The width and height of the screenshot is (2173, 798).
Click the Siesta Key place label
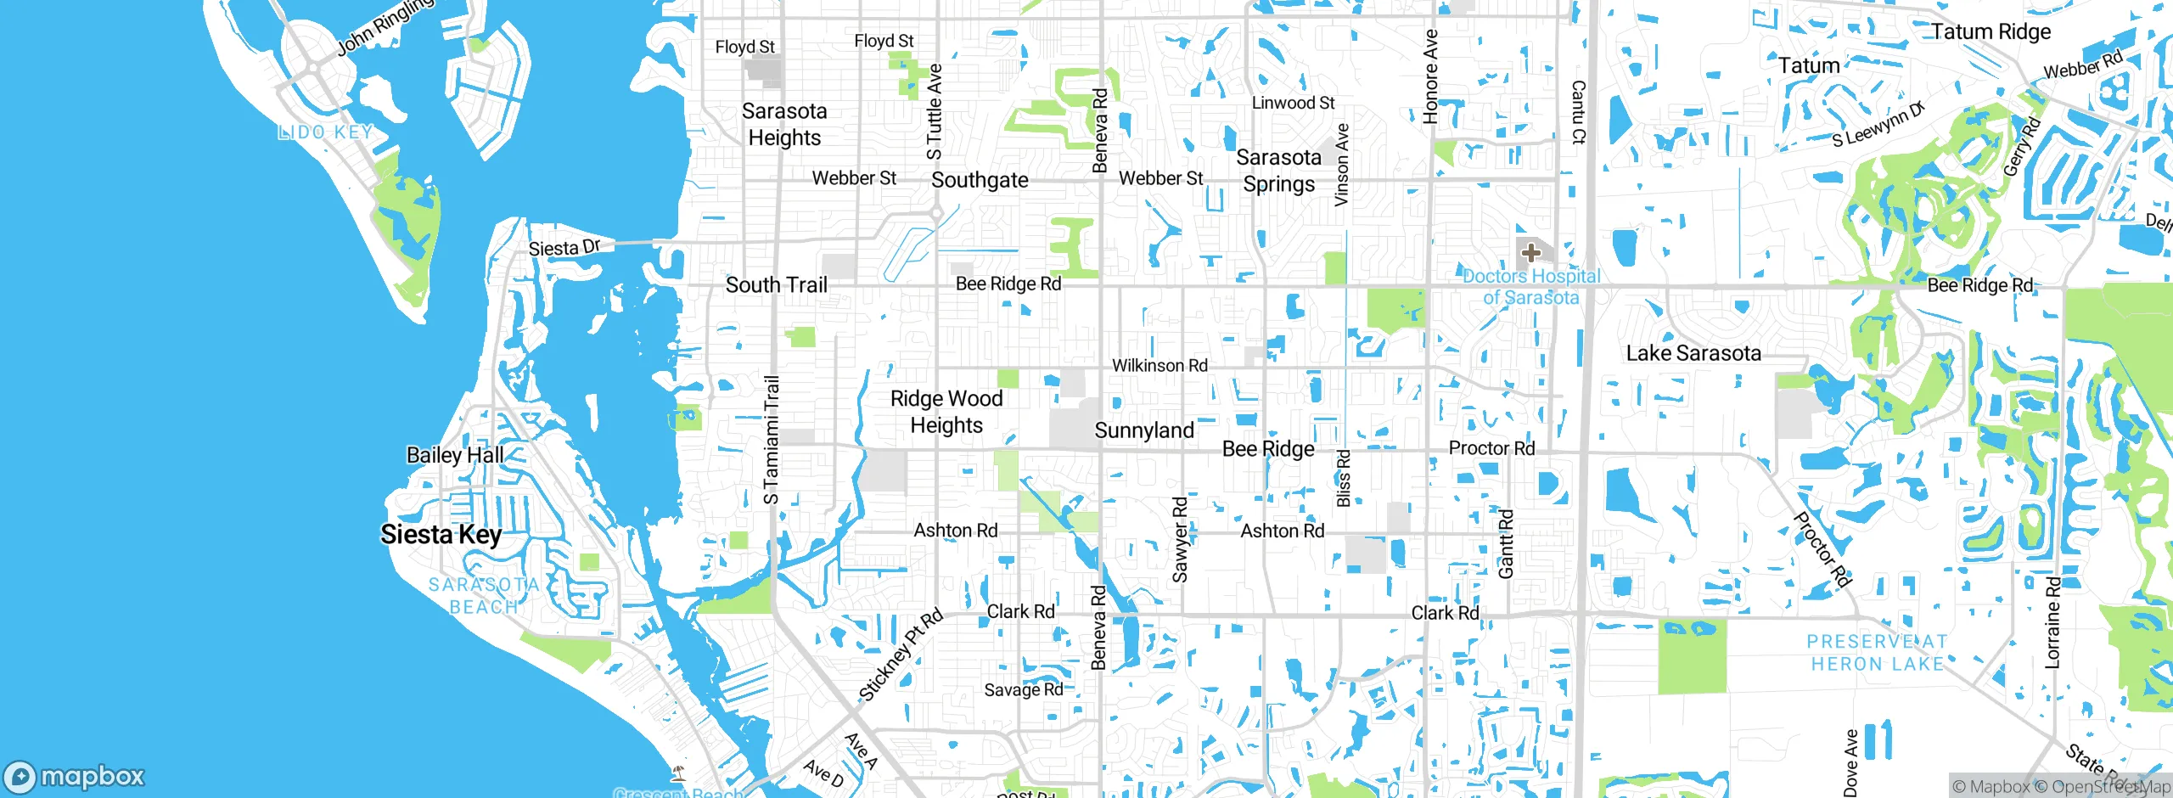pos(441,534)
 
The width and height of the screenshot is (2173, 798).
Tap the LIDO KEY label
pos(325,132)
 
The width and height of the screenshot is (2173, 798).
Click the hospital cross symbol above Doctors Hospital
pos(1530,252)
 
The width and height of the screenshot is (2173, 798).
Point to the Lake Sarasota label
pos(1693,353)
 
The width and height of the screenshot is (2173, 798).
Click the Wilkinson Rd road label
pos(1159,365)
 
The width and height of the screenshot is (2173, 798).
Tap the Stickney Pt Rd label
pos(901,655)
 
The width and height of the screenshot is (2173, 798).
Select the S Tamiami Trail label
pos(771,440)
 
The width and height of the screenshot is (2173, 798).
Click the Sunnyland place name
pos(1144,430)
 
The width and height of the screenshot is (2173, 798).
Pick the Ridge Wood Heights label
pos(946,412)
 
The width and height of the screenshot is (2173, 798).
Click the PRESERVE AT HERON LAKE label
pos(1877,653)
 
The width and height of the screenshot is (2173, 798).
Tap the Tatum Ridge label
pos(1991,32)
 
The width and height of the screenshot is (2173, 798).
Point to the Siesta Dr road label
pos(564,248)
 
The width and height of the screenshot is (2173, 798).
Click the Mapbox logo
pos(75,776)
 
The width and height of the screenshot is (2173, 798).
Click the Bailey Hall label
pos(455,455)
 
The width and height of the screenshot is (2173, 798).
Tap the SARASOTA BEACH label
pos(484,596)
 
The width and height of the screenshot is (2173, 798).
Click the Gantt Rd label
pos(1505,544)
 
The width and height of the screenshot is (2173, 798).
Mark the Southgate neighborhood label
pos(980,180)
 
